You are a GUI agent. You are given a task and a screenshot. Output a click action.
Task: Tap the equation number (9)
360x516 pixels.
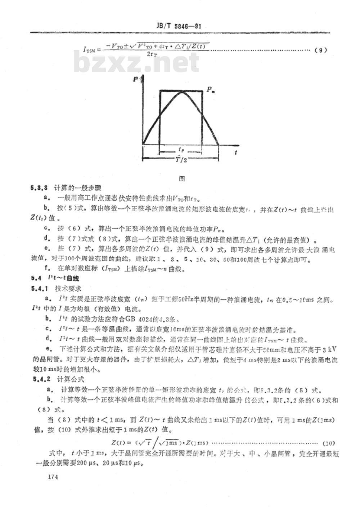[x=320, y=50]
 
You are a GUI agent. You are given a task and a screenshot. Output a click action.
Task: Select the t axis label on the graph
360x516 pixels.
[x=235, y=152]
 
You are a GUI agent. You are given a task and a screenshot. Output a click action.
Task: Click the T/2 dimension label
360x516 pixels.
[x=181, y=160]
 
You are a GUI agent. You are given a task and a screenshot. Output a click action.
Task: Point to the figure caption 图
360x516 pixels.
[x=182, y=178]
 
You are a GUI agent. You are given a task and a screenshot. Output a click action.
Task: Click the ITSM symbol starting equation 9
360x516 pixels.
[x=89, y=50]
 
